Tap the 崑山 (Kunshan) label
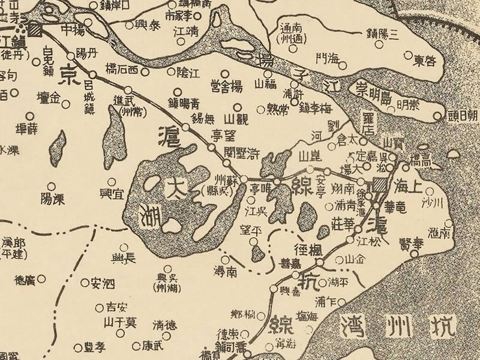pyautogui.click(x=310, y=157)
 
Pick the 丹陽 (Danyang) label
pyautogui.click(x=86, y=52)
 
